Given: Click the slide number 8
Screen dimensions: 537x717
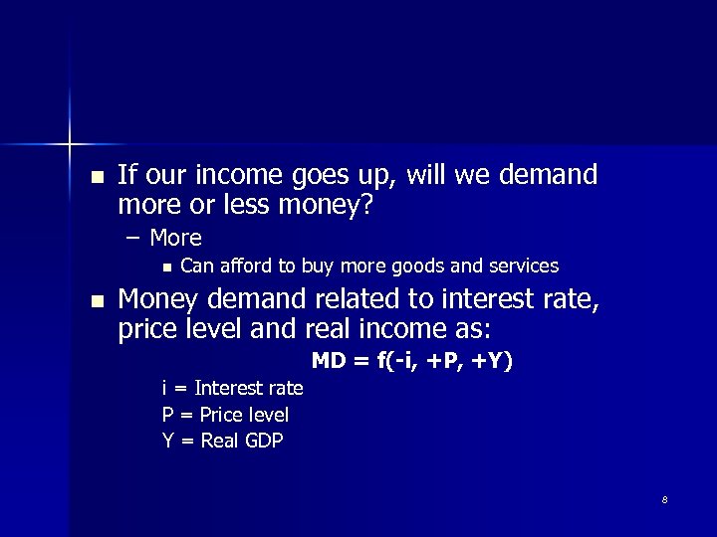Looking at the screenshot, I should pos(664,499).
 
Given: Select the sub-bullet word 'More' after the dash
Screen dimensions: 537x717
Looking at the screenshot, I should pos(175,238).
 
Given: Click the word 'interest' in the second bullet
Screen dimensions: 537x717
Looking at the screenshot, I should pos(468,299).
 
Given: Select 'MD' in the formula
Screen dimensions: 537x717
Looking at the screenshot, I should pos(328,360).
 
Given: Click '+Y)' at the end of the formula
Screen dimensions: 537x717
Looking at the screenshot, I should pos(493,360).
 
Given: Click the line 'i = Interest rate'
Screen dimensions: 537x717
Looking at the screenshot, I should pos(232,388).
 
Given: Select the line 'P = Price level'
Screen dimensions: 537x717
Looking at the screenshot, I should pos(225,415).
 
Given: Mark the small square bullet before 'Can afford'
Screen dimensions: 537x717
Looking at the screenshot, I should pos(166,267).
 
